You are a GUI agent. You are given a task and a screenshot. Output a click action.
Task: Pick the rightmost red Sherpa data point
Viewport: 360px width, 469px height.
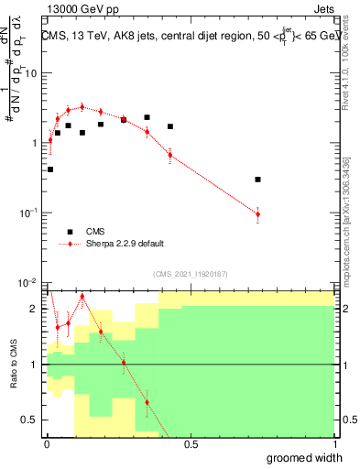(258, 214)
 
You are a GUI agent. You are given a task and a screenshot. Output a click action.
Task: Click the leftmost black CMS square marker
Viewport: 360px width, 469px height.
(50, 169)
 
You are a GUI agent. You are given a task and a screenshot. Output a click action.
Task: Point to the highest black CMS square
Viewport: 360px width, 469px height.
(147, 117)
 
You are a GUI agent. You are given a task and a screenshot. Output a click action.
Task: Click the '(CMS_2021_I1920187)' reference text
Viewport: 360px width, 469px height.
(191, 273)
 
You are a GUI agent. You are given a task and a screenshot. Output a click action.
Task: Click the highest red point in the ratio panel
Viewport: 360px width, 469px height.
(82, 296)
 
